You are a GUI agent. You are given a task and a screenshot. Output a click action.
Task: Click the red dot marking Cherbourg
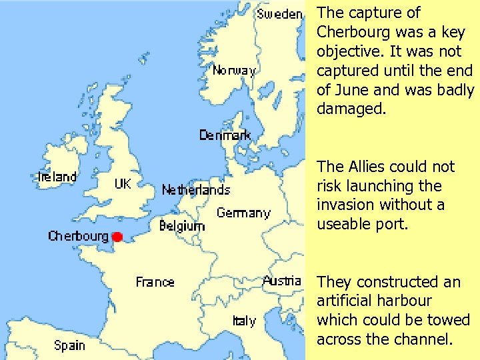[117, 237]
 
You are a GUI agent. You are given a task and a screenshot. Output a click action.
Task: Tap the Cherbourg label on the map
[78, 237]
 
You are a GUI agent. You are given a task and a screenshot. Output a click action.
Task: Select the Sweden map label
[280, 14]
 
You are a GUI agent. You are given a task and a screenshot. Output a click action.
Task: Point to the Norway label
[234, 70]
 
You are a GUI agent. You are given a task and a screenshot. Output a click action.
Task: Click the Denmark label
[225, 135]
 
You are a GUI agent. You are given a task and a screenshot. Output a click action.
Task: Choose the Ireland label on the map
[57, 177]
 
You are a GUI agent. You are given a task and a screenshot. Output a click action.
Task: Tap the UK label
[123, 183]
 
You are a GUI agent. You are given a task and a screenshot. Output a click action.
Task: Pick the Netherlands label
[196, 190]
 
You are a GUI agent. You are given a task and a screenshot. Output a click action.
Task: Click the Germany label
[243, 213]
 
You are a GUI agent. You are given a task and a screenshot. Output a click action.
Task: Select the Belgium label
[182, 227]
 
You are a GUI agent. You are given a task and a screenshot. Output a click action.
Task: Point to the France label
[155, 282]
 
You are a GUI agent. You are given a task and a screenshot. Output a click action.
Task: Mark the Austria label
[282, 281]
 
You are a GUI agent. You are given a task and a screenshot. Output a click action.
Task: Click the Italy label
[244, 321]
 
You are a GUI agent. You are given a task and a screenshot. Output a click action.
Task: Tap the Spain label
[69, 345]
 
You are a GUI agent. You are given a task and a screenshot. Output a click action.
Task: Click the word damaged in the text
[351, 109]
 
